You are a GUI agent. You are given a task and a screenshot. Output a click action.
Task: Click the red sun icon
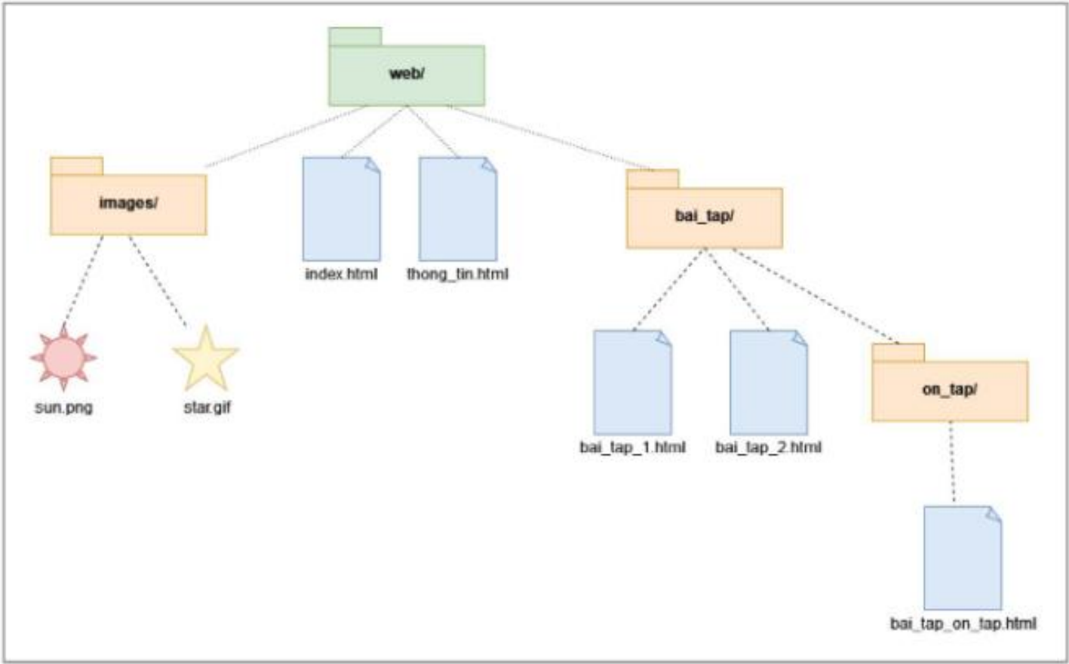pyautogui.click(x=63, y=357)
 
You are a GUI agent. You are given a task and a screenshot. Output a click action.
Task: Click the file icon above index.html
pyautogui.click(x=342, y=209)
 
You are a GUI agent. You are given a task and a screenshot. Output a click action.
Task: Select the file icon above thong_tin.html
pyautogui.click(x=458, y=209)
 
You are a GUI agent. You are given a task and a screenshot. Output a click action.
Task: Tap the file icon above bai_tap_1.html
pyautogui.click(x=633, y=383)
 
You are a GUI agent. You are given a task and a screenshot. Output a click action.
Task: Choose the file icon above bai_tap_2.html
pyautogui.click(x=769, y=383)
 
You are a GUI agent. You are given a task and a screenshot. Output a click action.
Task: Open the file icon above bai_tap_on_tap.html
pyautogui.click(x=963, y=558)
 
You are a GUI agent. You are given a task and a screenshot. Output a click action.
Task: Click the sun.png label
pyautogui.click(x=64, y=407)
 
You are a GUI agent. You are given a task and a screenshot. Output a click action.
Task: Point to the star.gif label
pyautogui.click(x=207, y=407)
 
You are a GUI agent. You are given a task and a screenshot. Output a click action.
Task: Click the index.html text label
pyautogui.click(x=341, y=274)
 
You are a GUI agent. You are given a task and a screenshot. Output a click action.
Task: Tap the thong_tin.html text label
pyautogui.click(x=458, y=275)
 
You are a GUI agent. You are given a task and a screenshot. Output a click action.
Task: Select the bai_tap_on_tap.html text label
pyautogui.click(x=963, y=624)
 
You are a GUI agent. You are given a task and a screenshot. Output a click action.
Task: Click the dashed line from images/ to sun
pyautogui.click(x=84, y=279)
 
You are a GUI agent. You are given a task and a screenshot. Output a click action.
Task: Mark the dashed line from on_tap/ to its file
pyautogui.click(x=952, y=462)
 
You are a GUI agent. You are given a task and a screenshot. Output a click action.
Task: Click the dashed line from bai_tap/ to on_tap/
pyautogui.click(x=816, y=296)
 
